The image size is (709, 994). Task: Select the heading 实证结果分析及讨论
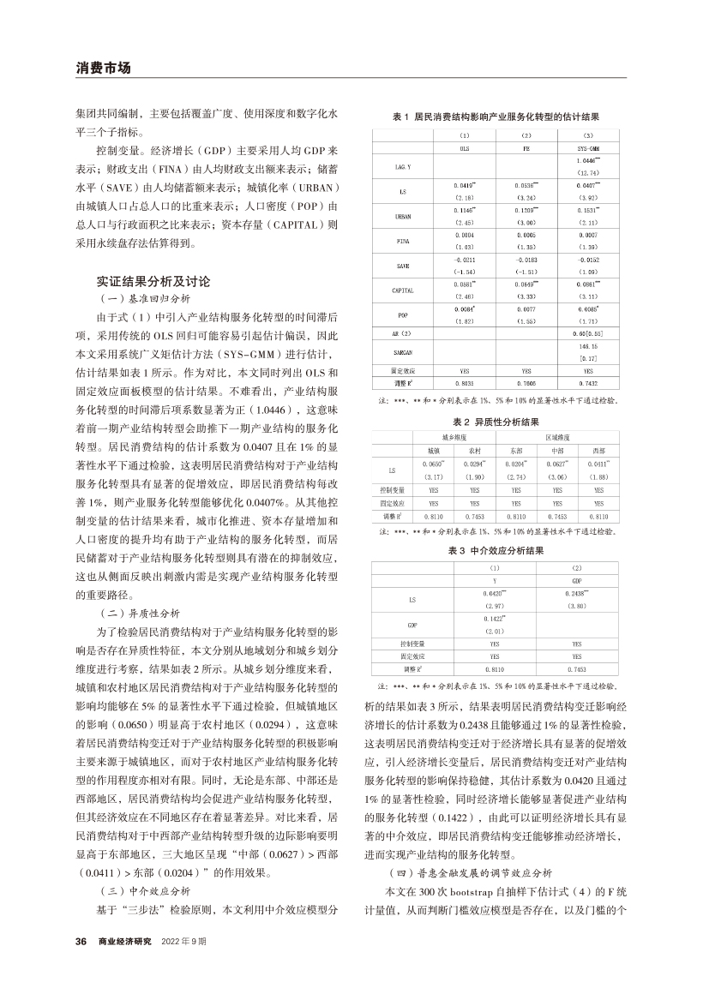pos(153,280)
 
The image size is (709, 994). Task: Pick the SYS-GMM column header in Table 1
pos(587,147)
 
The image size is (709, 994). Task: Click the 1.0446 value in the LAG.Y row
pos(587,161)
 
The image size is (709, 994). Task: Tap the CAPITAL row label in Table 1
pos(401,290)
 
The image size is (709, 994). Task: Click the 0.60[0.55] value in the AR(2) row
pos(587,332)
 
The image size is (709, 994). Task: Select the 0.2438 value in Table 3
pos(576,592)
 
